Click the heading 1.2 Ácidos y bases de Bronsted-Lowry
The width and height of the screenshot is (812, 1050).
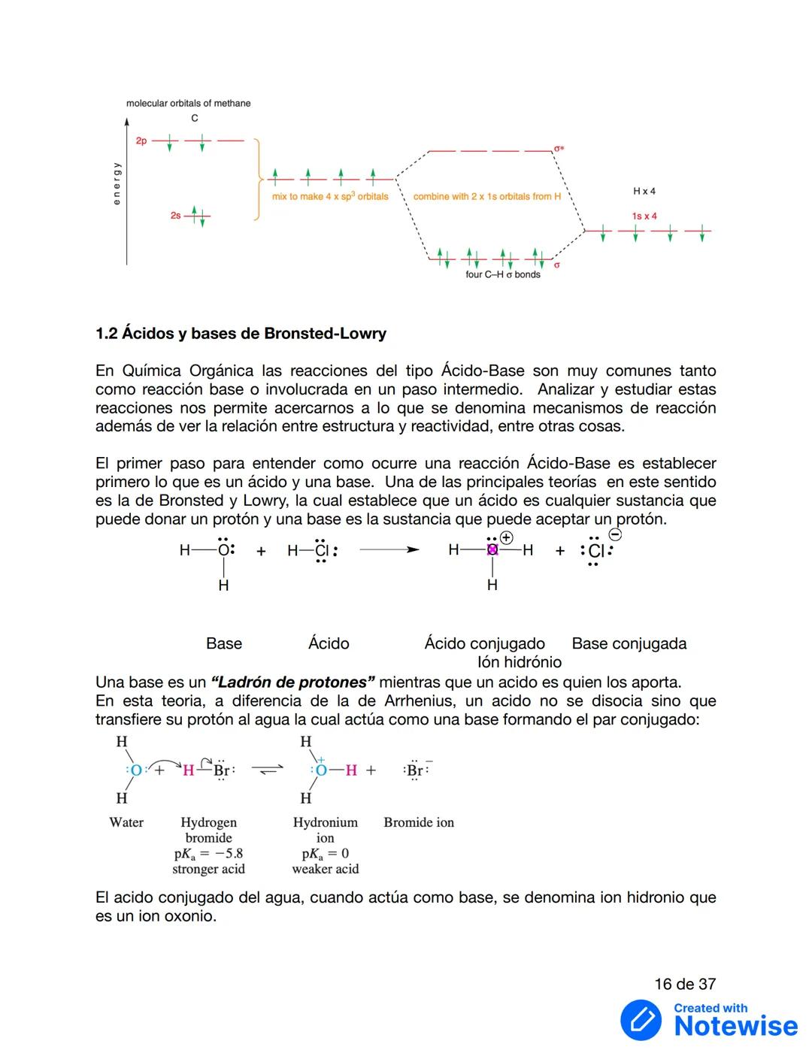click(x=241, y=334)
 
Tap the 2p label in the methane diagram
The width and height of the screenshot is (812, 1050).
click(x=141, y=141)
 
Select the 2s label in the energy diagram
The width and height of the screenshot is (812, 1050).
click(x=175, y=216)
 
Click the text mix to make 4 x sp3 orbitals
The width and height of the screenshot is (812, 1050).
click(x=330, y=197)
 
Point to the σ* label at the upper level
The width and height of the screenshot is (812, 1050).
click(x=559, y=149)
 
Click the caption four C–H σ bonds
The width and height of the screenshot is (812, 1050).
click(x=502, y=275)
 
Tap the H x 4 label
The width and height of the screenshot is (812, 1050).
click(x=644, y=192)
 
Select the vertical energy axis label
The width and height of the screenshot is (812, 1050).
click(x=117, y=183)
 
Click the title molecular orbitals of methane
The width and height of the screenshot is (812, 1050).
click(x=188, y=104)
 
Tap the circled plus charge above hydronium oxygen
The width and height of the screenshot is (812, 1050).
click(x=507, y=538)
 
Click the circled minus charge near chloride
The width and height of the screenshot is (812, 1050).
click(x=615, y=535)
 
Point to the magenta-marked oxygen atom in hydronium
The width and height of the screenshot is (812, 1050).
click(x=492, y=550)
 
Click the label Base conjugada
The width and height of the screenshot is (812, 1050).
click(x=629, y=644)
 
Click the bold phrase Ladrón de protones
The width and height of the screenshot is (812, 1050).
click(x=293, y=683)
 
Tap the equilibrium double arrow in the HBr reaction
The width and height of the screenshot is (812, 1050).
click(x=267, y=770)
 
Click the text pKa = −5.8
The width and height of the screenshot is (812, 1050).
click(x=208, y=854)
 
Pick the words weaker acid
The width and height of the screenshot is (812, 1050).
click(x=325, y=870)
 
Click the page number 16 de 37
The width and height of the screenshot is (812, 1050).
click(x=685, y=985)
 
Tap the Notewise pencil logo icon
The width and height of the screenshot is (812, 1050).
click(x=641, y=1020)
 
